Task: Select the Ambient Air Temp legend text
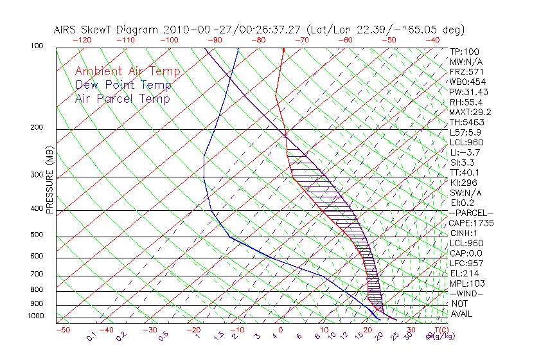pos(127,71)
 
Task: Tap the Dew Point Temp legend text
pos(123,85)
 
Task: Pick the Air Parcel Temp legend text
pos(123,98)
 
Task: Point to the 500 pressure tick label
pos(37,235)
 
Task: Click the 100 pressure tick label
pos(37,46)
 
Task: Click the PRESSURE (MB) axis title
pos(49,181)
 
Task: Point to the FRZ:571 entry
pos(466,71)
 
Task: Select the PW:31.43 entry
pos(469,92)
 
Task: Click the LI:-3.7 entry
pos(465,152)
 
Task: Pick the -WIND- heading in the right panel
pos(466,293)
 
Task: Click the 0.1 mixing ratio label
pos(92,336)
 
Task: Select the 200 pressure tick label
pos(37,127)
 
